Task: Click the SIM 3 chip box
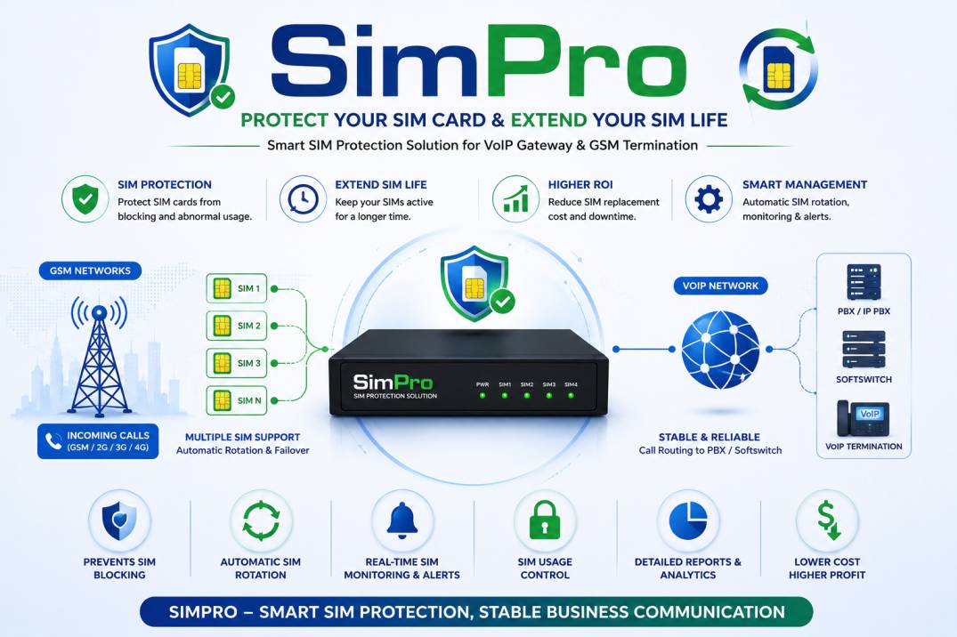[236, 363]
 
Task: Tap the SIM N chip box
[236, 400]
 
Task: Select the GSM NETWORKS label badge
[90, 270]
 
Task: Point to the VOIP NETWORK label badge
[720, 286]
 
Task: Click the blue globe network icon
[720, 350]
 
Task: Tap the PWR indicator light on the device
[483, 395]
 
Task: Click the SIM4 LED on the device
[571, 395]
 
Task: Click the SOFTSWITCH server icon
[864, 350]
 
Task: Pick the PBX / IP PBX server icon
[864, 282]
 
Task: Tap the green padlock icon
[545, 520]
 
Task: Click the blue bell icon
[402, 520]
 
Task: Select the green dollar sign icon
[828, 520]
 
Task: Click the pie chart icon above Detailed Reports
[688, 520]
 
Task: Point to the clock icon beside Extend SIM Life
[303, 199]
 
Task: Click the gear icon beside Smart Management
[708, 199]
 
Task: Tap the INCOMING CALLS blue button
[98, 441]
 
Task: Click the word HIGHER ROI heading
[580, 184]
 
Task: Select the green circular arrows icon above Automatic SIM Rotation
[261, 520]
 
